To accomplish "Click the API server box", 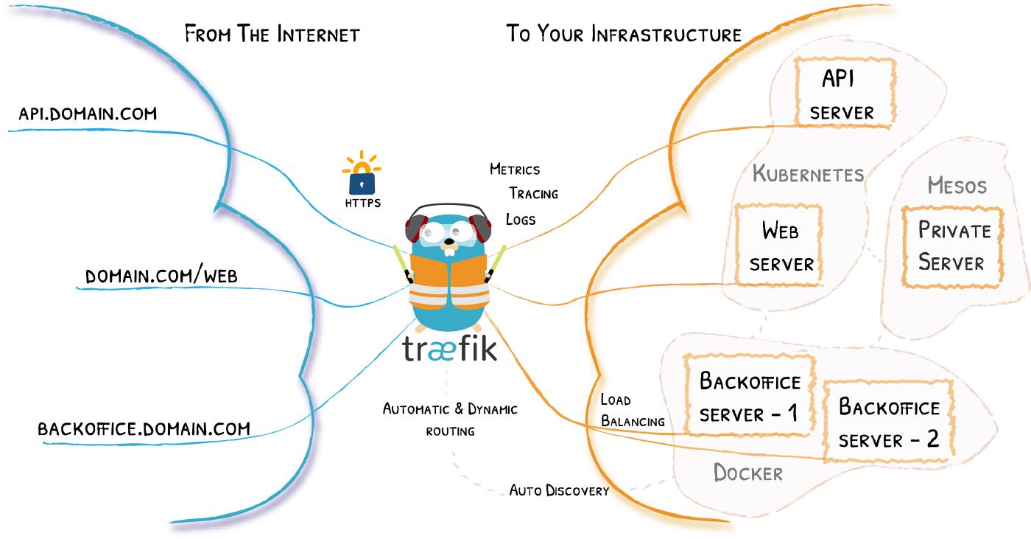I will pos(845,92).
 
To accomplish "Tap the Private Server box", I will pos(953,247).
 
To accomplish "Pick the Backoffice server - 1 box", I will pos(749,397).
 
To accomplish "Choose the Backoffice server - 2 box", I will pos(888,423).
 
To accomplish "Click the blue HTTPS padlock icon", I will pos(362,181).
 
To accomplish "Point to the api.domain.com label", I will pos(88,114).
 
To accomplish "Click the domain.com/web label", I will pos(161,277).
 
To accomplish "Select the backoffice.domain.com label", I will pos(144,428).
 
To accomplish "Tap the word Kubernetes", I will pos(808,175).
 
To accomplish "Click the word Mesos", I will pos(957,185).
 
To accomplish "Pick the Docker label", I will pos(747,473).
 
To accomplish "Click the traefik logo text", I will pos(449,349).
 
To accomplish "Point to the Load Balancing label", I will pos(633,411).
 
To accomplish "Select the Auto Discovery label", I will pos(559,490).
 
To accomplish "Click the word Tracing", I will pos(533,194).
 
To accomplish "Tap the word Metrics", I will pos(515,170).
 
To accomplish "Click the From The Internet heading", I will pos(272,34).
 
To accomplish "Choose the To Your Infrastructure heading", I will pos(623,34).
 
